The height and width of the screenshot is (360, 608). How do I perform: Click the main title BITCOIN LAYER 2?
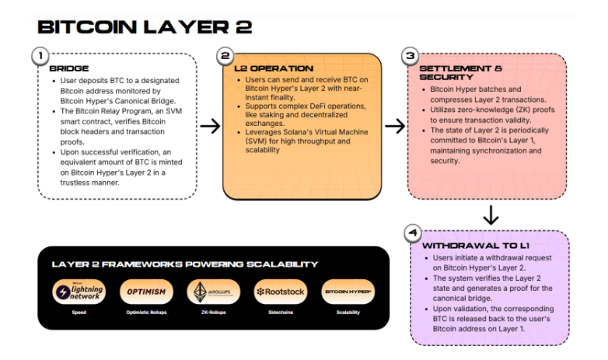[145, 28]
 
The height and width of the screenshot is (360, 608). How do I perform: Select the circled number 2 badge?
[225, 57]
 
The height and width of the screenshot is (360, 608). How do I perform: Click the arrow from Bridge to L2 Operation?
[208, 127]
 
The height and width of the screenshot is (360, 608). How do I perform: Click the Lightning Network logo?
[82, 292]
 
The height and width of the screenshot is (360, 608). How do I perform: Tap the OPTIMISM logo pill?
[146, 292]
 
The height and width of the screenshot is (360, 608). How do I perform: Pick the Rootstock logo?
[280, 292]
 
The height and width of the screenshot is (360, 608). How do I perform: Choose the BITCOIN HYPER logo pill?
[348, 292]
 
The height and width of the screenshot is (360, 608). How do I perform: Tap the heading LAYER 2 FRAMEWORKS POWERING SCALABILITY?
[185, 264]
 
